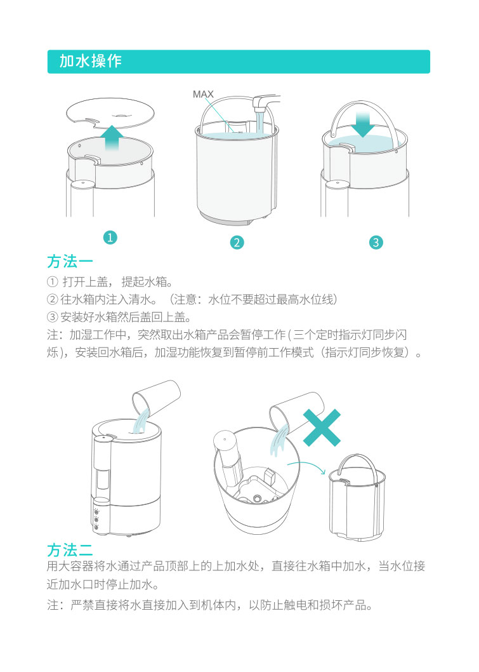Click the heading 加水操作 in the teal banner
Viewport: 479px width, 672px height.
click(90, 61)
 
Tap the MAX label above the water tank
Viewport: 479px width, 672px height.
click(203, 94)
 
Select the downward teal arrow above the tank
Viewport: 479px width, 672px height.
click(362, 124)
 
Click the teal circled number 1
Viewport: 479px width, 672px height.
click(110, 237)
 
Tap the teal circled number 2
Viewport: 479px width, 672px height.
click(237, 242)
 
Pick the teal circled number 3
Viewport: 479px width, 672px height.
click(376, 242)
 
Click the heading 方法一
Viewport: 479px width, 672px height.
click(70, 261)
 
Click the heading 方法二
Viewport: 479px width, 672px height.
click(70, 550)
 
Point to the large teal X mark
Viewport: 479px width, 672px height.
click(322, 427)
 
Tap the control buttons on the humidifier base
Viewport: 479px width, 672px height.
click(96, 520)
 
